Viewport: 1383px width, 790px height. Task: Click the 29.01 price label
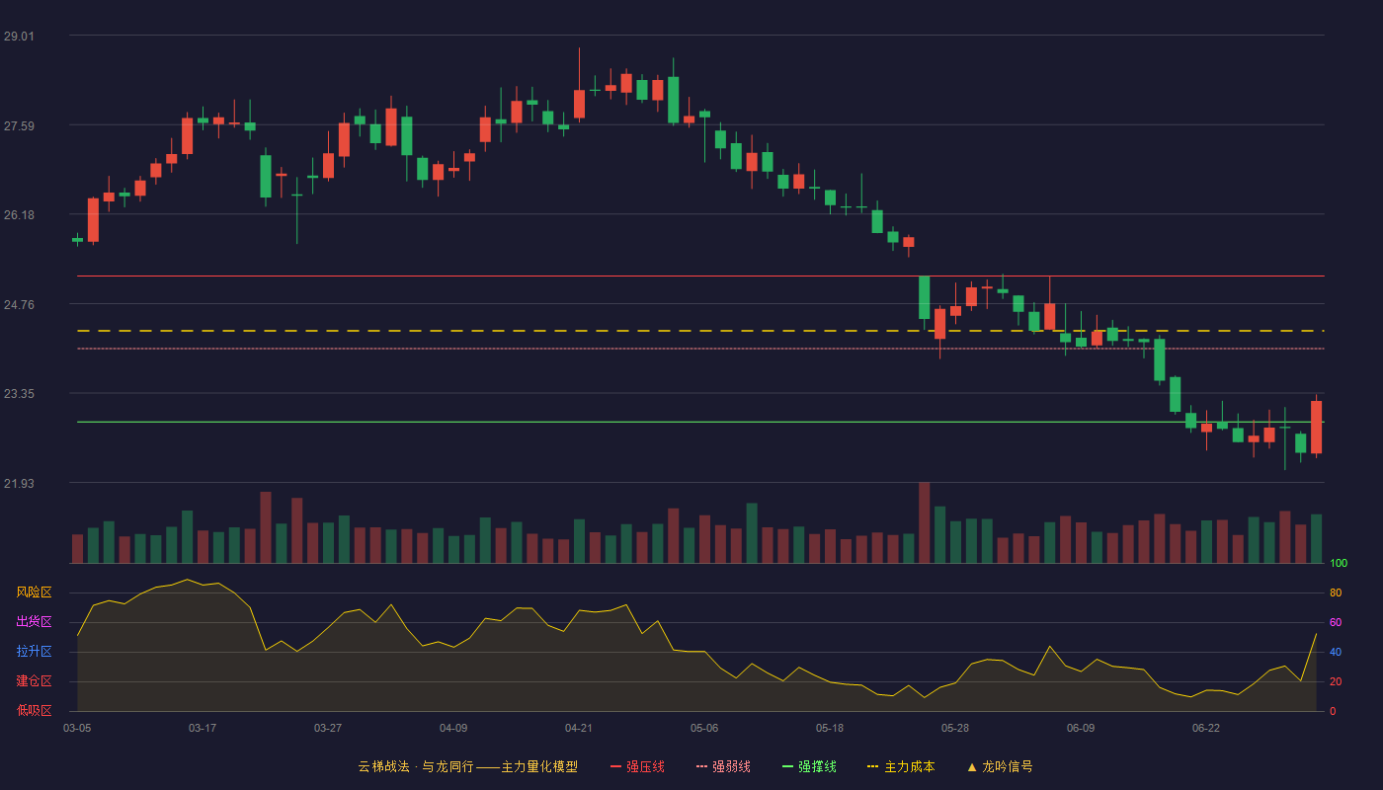click(19, 37)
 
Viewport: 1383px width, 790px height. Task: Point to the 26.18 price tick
click(19, 215)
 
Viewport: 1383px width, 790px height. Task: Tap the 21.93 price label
click(19, 483)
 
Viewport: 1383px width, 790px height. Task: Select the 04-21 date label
click(579, 729)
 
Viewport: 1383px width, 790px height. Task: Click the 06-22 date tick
click(1206, 729)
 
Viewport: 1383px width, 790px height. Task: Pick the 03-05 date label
click(77, 729)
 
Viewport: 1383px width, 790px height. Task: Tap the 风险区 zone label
click(34, 592)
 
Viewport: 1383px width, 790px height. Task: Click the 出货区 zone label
click(34, 621)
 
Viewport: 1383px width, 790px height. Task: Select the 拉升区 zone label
click(34, 651)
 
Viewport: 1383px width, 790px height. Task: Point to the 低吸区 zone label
click(34, 710)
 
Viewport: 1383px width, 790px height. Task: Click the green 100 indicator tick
click(1339, 563)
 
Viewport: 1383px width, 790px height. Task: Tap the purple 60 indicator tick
click(1336, 622)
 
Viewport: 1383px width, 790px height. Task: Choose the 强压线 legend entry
click(637, 766)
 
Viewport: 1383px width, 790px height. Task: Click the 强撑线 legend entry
click(809, 766)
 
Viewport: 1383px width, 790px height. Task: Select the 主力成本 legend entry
click(901, 766)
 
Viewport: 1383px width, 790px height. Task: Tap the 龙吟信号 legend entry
click(1000, 766)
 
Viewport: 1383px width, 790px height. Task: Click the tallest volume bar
click(925, 522)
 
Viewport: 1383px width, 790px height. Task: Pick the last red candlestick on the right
click(1316, 427)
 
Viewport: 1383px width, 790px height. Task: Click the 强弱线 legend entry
click(723, 766)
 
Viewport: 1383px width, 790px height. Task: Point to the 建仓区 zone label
click(34, 680)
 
